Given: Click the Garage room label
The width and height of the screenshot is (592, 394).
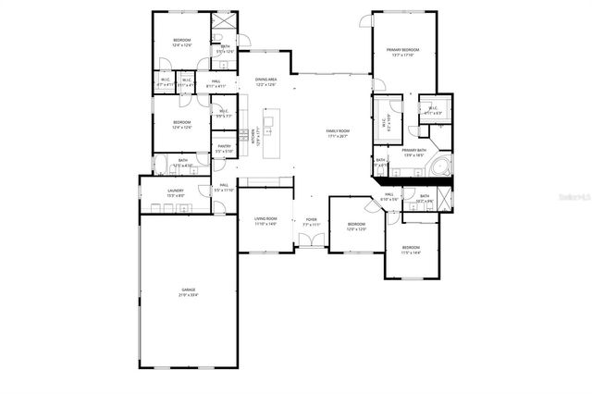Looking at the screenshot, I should pos(189,290).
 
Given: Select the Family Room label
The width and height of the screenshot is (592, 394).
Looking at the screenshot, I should pos(338,130).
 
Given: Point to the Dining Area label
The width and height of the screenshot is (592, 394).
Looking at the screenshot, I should pos(266,80).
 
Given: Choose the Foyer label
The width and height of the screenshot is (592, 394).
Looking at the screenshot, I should pos(312,219).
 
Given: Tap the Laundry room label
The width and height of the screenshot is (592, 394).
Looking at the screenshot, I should pos(176,191).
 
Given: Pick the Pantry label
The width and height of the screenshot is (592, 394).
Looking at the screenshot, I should pos(224,146).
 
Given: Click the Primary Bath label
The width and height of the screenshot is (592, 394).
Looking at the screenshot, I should pos(413,150).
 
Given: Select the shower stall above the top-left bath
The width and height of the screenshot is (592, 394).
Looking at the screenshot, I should pos(225,24).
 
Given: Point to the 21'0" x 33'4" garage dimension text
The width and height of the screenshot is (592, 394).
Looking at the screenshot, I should pos(189,295).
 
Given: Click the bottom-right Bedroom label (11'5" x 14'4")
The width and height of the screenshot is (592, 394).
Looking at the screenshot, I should pos(411,247).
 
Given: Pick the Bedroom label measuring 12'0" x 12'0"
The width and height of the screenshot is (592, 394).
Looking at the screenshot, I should pos(357,224).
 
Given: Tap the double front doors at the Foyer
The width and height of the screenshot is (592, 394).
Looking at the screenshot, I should pos(312,241).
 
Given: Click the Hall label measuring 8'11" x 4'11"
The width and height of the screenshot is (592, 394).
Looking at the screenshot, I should pos(215,81).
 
